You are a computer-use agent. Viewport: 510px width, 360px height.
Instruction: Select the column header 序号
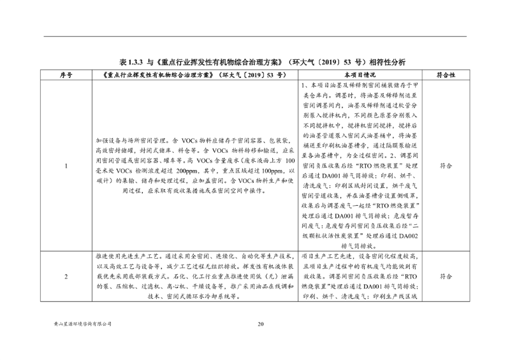click(x=66, y=75)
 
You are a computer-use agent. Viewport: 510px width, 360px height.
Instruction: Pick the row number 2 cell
click(x=66, y=277)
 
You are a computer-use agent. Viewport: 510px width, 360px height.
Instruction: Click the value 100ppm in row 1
click(x=270, y=171)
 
